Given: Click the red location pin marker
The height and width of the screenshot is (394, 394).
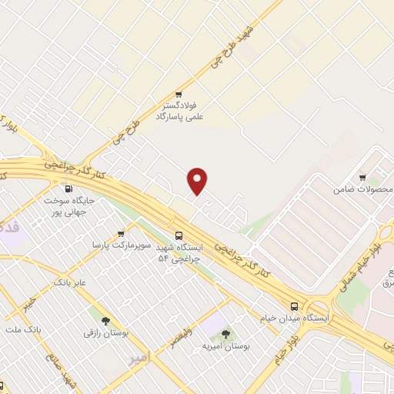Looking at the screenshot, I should [x=198, y=181].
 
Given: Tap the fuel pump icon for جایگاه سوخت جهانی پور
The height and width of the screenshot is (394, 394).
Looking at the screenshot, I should [x=70, y=189].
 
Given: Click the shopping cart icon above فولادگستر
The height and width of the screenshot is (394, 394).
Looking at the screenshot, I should [x=179, y=94].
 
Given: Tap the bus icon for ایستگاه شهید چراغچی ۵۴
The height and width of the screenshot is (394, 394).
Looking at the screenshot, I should [x=179, y=235].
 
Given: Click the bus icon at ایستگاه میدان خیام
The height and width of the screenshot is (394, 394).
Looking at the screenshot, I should [x=295, y=306].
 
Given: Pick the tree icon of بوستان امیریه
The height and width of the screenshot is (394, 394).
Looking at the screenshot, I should [x=225, y=333].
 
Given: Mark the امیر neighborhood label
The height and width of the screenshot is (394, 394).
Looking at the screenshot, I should [x=138, y=358].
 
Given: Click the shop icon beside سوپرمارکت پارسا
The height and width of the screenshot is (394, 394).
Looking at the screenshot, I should [x=121, y=234].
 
